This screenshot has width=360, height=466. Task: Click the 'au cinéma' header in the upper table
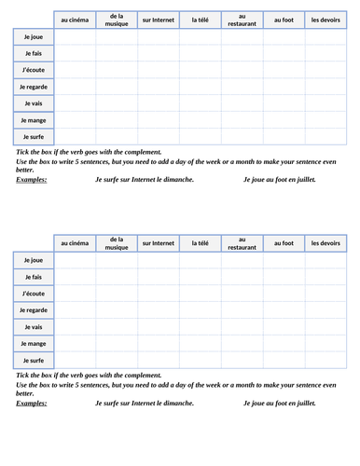click(75, 20)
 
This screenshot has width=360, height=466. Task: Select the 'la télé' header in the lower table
click(201, 243)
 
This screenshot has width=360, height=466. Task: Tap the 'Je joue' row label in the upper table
click(34, 36)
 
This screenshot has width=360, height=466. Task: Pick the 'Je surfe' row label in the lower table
click(34, 360)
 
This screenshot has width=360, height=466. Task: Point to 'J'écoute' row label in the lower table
click(34, 293)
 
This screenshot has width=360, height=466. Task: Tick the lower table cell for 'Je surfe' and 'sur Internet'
click(159, 360)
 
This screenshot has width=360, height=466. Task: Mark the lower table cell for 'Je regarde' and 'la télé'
click(201, 309)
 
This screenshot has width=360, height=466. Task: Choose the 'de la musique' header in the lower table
click(117, 243)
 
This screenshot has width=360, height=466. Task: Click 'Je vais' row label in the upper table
click(34, 103)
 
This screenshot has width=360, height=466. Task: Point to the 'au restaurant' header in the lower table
click(242, 243)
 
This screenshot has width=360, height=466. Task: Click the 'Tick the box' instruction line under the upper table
click(89, 152)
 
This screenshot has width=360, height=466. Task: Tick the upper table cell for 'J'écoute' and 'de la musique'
click(117, 70)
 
